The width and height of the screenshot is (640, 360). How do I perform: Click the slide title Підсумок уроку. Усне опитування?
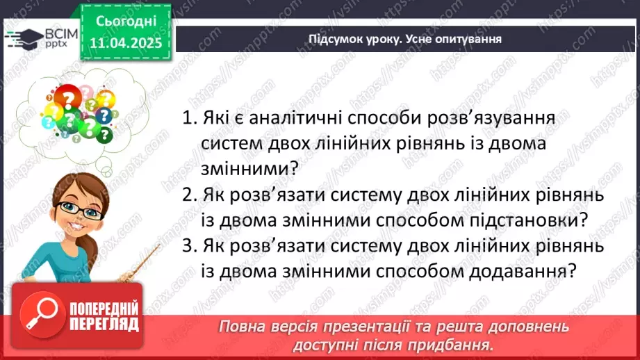tap(405, 39)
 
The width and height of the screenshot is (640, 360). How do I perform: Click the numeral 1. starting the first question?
tap(190, 117)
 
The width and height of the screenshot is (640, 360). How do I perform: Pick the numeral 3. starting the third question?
tap(190, 245)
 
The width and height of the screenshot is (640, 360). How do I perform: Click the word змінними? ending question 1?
tap(244, 169)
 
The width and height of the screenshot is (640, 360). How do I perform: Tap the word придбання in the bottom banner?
tap(459, 344)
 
